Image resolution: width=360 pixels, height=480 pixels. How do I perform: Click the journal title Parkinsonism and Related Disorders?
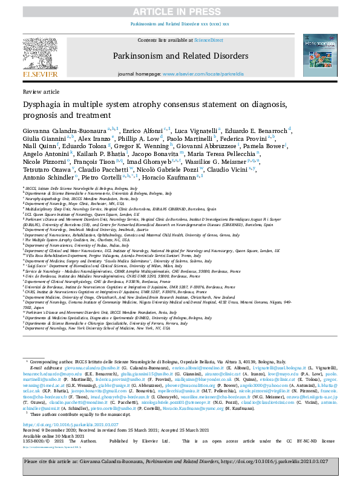pos(180,56)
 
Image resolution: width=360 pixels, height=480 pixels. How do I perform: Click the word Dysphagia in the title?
pos(45,104)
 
